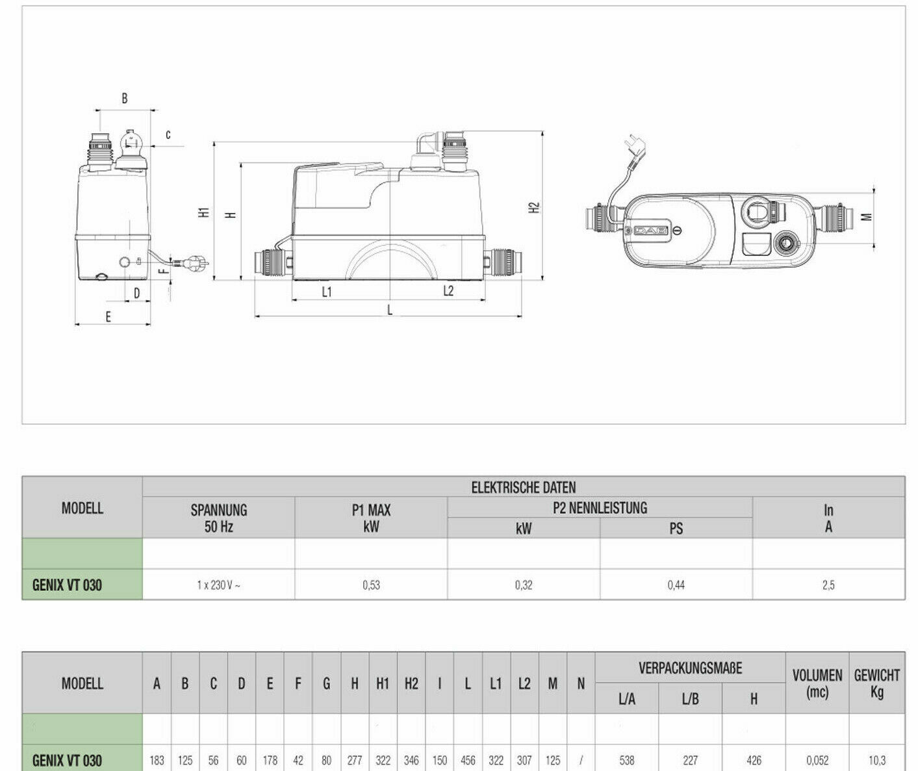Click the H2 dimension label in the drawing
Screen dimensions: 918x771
pos(534,207)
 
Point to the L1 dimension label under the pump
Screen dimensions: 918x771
pos(327,292)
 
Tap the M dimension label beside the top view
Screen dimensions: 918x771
pos(866,217)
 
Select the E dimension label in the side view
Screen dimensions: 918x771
pos(108,316)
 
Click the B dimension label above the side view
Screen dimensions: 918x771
pos(125,99)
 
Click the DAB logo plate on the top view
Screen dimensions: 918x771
pos(651,231)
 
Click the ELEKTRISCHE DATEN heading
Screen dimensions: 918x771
pos(523,488)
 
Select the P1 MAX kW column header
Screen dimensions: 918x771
pos(371,518)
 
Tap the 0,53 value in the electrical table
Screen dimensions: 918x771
pos(371,585)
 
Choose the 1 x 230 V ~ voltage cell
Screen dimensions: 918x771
pos(218,585)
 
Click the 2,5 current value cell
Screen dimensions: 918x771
pos(828,585)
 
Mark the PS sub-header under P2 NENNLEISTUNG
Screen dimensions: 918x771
pos(676,528)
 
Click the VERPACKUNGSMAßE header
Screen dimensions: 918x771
pos(690,668)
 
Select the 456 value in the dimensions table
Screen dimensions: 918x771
pos(468,760)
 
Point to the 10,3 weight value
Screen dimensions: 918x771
pos(877,760)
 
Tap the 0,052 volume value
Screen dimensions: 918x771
pos(817,760)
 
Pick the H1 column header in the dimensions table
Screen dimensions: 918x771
pos(383,683)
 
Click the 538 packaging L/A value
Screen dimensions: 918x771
pos(627,760)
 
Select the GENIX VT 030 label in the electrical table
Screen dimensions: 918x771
pos(67,585)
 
